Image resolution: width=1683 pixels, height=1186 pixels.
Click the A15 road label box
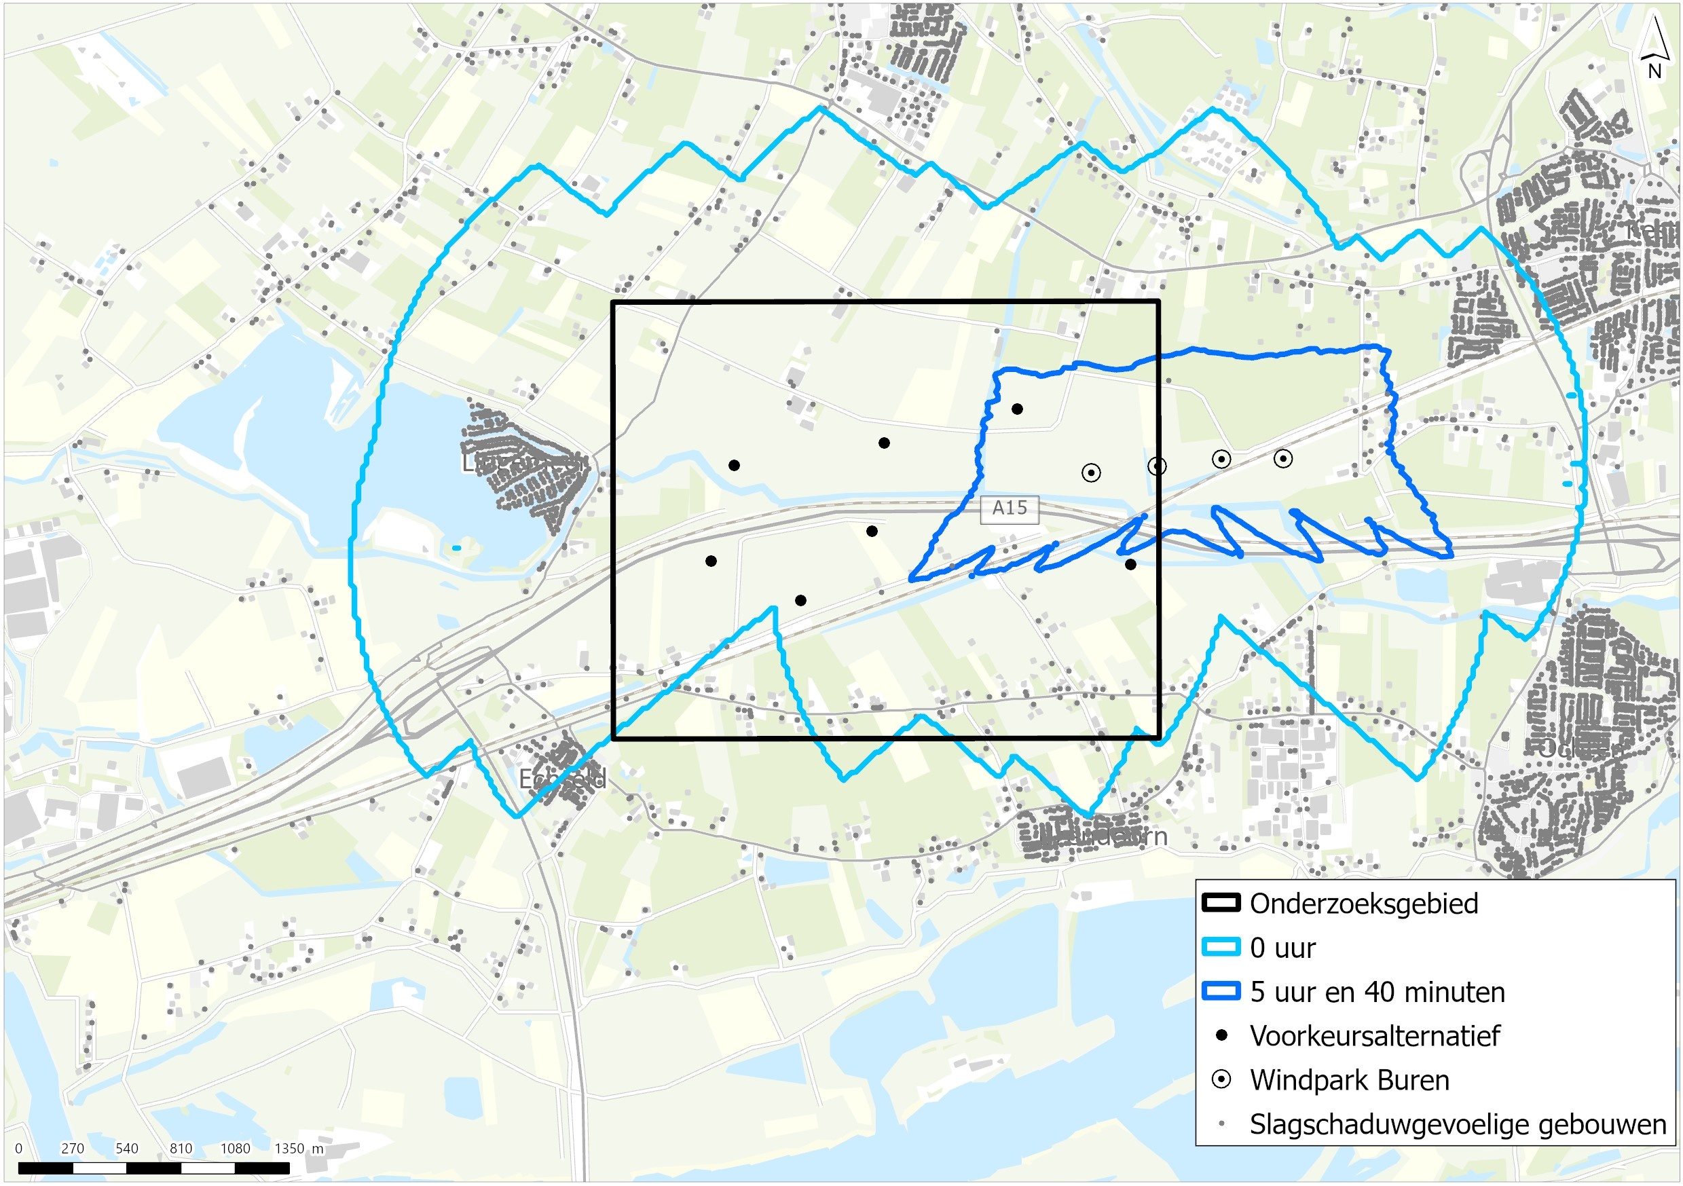1010,508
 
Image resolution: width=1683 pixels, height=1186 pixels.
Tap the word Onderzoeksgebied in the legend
1363,904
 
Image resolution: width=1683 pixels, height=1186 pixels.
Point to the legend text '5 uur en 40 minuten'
1377,992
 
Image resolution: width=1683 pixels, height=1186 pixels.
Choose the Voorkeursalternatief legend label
1374,1036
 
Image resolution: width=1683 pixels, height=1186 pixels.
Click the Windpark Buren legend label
1350,1079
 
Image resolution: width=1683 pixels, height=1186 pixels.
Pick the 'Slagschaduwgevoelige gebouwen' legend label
1457,1124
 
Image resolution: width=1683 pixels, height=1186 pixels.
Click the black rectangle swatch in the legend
1221,903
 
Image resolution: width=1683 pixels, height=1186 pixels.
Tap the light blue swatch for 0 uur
1221,947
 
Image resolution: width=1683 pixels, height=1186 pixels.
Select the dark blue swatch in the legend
1221,991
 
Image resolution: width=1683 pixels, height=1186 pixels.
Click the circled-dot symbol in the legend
1221,1079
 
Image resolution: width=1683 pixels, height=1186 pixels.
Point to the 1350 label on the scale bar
289,1148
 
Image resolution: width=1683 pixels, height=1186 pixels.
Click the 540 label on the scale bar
126,1148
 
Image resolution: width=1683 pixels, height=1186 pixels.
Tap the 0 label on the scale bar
18,1148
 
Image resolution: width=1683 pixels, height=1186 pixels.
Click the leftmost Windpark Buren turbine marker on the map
1091,472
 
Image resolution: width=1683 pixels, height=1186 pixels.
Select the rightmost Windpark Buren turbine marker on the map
1282,459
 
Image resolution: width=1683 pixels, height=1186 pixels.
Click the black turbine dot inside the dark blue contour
1017,409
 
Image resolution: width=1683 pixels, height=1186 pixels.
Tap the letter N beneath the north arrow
1654,72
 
